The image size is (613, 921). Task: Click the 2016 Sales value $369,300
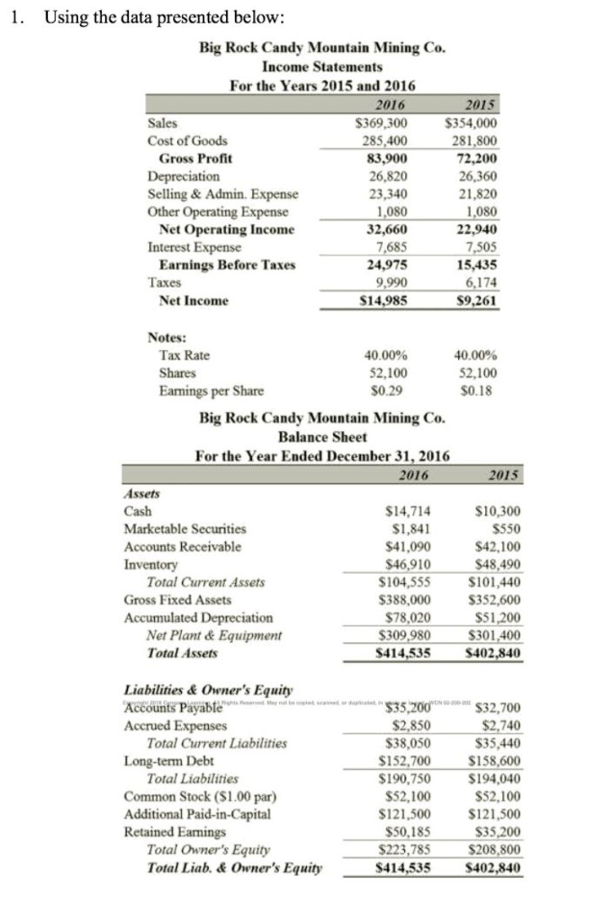click(x=382, y=123)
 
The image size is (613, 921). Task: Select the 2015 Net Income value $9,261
click(x=478, y=300)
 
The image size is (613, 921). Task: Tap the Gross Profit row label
click(x=195, y=158)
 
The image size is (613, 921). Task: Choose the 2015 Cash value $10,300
click(x=497, y=511)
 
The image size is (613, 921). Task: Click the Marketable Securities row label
click(x=185, y=529)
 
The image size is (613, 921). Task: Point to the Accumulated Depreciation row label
click(x=198, y=618)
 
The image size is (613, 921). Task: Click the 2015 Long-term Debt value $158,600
click(x=497, y=761)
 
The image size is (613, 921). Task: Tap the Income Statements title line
click(x=322, y=67)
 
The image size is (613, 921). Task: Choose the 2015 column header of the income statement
click(x=477, y=105)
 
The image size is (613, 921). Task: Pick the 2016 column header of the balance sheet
click(x=412, y=474)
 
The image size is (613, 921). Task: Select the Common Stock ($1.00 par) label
click(x=188, y=796)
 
